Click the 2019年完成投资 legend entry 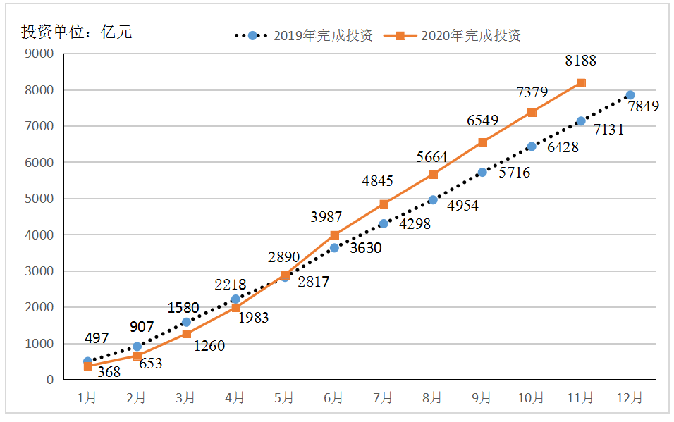pos(303,35)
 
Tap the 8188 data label pos(580,61)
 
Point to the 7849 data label pos(644,107)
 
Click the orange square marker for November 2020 pos(581,83)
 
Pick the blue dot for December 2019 pos(630,95)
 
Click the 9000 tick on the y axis pos(39,54)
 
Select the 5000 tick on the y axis pos(39,199)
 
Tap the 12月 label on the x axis pos(630,398)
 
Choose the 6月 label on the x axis pos(333,398)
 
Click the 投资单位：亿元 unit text pos(76,32)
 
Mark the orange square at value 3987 pos(334,235)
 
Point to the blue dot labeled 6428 pos(532,147)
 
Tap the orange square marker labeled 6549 pos(482,142)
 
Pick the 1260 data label pos(209,345)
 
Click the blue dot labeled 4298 pos(384,223)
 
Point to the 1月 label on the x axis pos(87,398)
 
